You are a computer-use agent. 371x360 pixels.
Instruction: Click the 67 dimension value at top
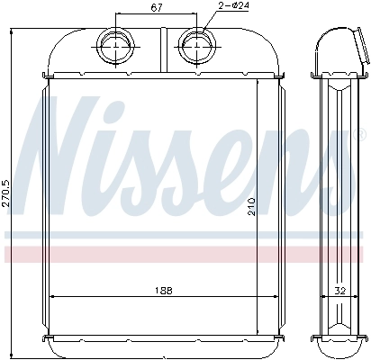coord(156,9)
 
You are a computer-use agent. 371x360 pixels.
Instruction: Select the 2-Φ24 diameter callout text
coord(232,8)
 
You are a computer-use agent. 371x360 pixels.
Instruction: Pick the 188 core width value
coord(163,289)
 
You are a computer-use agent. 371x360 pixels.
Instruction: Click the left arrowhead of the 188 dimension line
coord(51,296)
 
